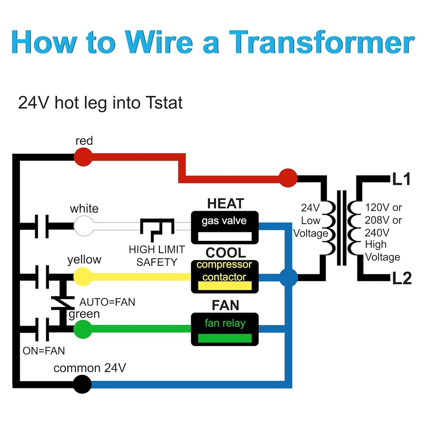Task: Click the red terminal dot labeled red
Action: pos(84,157)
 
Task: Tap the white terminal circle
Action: pos(84,225)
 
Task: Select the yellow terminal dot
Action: pos(83,277)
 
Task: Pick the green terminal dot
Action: pos(83,329)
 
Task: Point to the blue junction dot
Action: pos(289,278)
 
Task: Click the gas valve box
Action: pos(224,227)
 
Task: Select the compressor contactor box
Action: pos(224,276)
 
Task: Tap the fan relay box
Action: pos(224,329)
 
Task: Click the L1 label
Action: pos(401,180)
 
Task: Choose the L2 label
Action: pos(401,279)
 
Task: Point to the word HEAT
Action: pos(226,204)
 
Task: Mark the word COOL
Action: pos(226,253)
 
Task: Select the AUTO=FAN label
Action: pos(107,302)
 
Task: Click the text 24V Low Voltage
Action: pos(311,220)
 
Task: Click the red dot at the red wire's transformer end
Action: pos(288,178)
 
